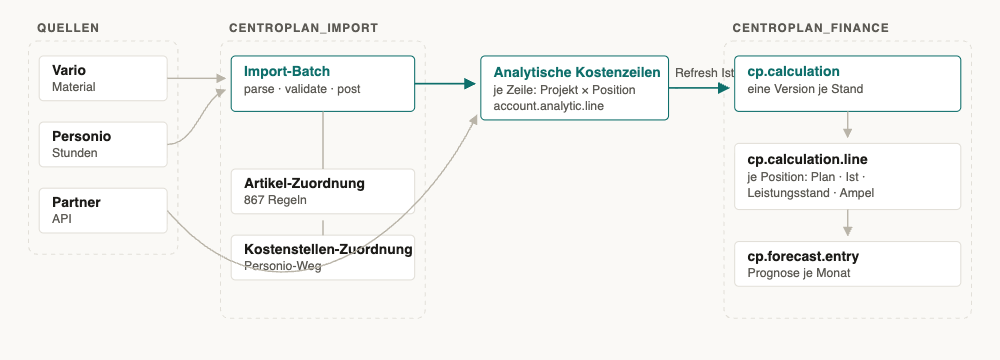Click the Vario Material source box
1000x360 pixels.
coord(103,78)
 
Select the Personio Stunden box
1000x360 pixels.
coord(103,144)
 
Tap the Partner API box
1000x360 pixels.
coord(103,211)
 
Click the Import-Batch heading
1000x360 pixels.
coord(287,71)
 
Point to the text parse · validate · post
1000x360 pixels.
coord(302,89)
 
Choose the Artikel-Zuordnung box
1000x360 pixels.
coord(323,191)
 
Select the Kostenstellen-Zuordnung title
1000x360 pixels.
coord(328,249)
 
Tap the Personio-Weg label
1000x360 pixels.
coord(283,266)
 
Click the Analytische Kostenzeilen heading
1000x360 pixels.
coord(577,72)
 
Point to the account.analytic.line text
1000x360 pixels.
coord(548,106)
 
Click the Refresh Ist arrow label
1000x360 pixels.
coord(705,73)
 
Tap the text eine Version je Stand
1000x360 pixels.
coord(805,89)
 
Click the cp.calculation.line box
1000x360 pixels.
coord(848,176)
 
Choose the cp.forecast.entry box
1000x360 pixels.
coord(848,264)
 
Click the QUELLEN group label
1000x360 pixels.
coord(68,28)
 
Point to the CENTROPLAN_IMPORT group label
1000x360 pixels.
coord(304,28)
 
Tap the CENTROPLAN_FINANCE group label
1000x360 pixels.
coord(811,28)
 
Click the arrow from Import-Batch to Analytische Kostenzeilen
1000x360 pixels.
coord(446,84)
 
